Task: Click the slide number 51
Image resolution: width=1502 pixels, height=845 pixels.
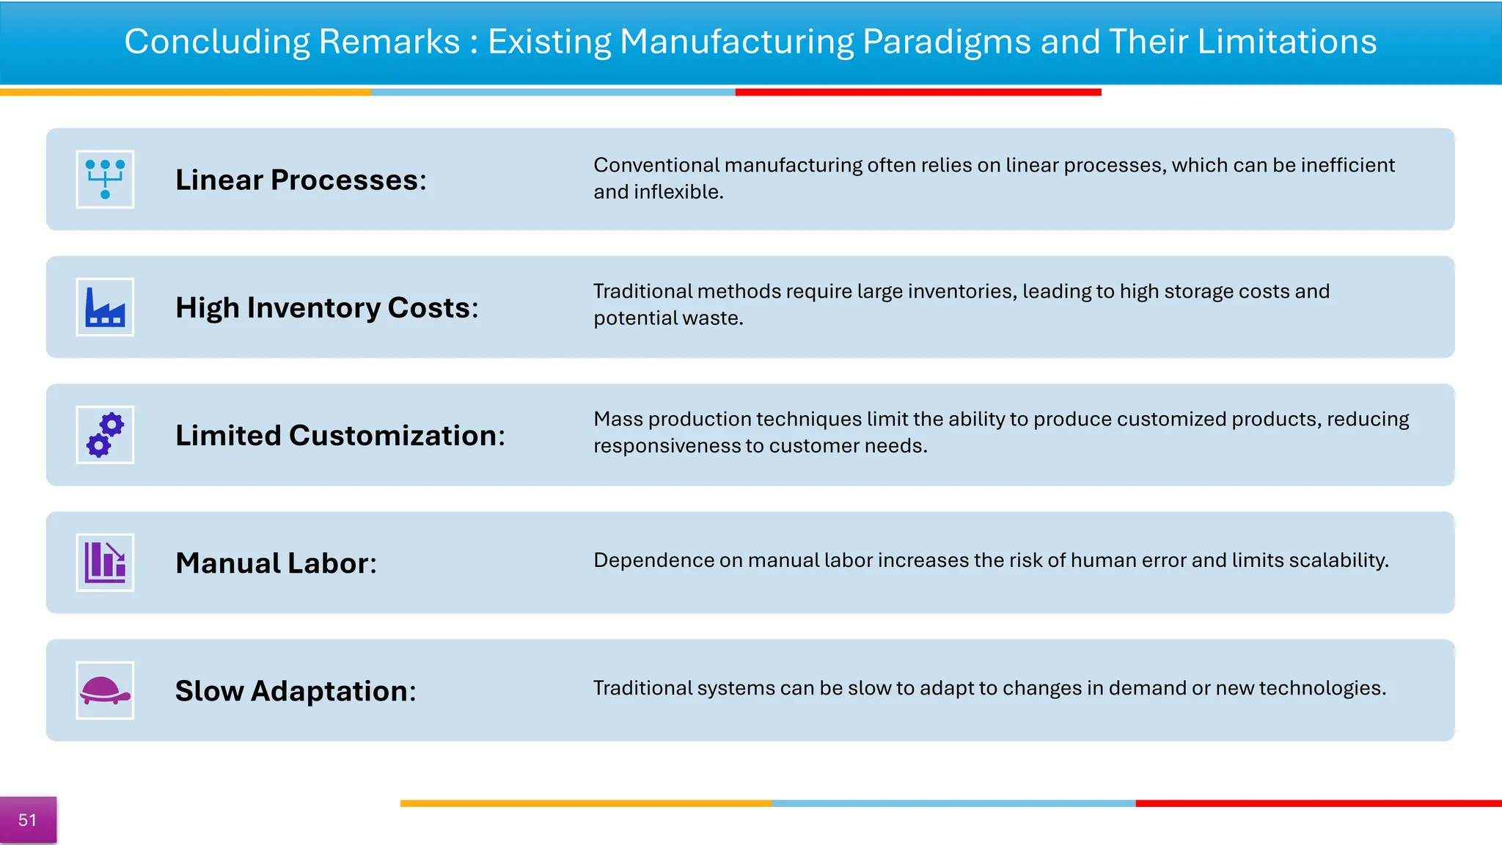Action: [x=28, y=820]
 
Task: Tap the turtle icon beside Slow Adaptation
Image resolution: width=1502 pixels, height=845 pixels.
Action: [x=105, y=690]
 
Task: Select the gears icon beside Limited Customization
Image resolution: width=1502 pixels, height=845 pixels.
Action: [x=105, y=435]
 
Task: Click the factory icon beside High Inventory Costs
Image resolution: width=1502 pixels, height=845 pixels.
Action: [x=105, y=307]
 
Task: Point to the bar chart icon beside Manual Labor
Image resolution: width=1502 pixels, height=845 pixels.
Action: [x=105, y=563]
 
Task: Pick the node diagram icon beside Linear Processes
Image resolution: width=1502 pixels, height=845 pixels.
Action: [x=105, y=180]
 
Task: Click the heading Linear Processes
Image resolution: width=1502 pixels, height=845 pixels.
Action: [x=301, y=180]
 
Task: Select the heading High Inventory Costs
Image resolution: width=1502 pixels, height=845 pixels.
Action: [x=326, y=308]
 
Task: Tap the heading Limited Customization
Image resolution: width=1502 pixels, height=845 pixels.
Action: [x=340, y=436]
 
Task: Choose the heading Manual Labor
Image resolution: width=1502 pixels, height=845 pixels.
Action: [x=276, y=563]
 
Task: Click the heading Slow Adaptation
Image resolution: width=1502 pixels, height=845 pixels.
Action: [x=296, y=691]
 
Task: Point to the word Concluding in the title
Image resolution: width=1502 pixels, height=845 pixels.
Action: [x=218, y=43]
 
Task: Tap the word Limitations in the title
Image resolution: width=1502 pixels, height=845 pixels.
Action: [x=1286, y=42]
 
